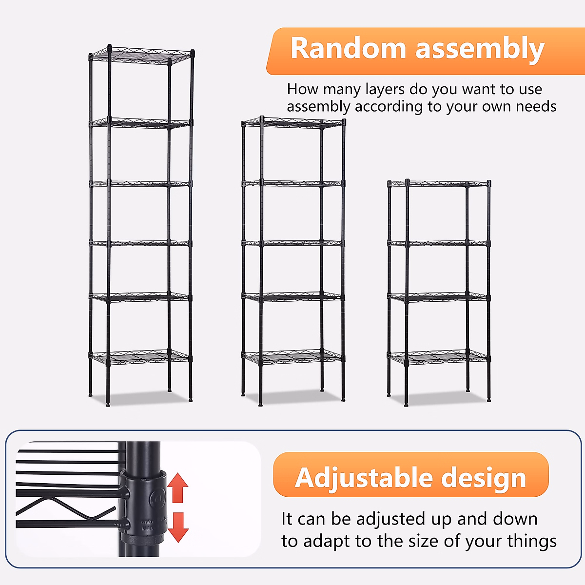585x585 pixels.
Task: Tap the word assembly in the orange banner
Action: pos(480,50)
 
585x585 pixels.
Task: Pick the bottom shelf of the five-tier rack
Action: pos(293,357)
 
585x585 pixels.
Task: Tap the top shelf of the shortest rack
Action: pos(439,184)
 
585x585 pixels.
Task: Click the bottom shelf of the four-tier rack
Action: pos(439,358)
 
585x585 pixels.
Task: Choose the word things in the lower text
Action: pos(531,542)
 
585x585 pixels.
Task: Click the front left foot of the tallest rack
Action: pos(108,404)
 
